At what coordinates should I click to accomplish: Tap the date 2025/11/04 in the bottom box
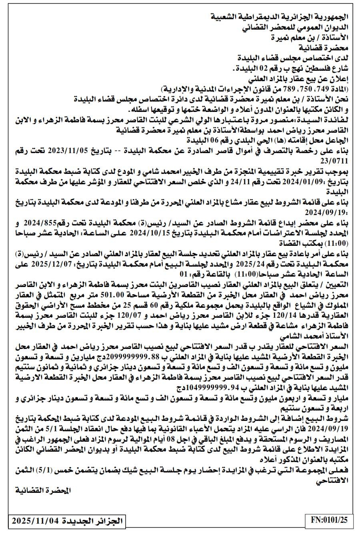tap(36, 521)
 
